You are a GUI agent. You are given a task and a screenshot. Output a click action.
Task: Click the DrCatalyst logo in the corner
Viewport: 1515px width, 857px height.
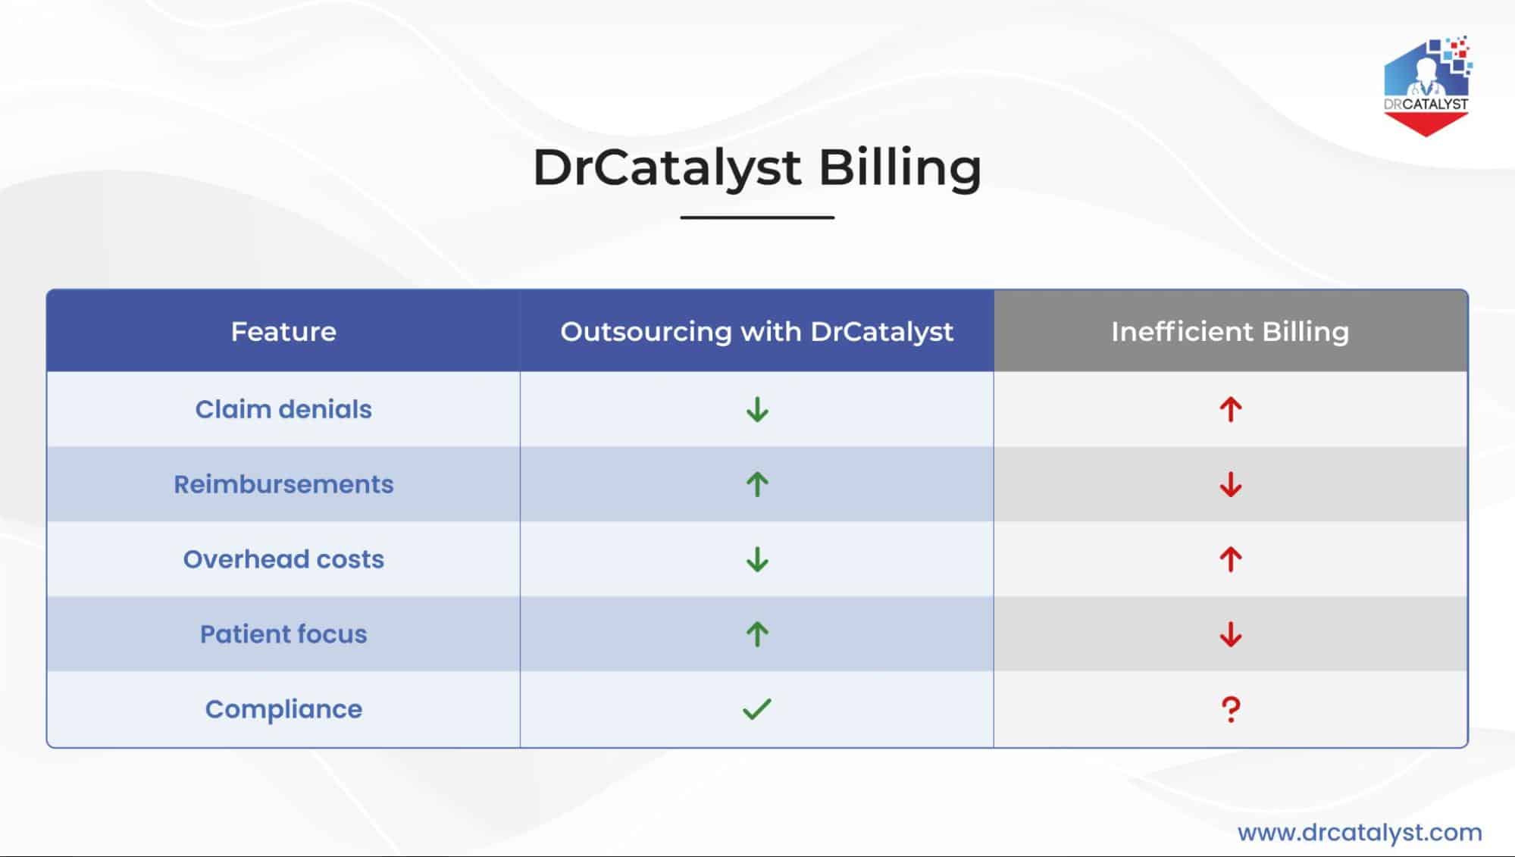[1426, 86]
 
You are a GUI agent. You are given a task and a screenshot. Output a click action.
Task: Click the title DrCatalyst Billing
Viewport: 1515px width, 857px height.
[757, 167]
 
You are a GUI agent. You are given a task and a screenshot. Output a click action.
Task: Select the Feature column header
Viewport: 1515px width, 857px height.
[283, 331]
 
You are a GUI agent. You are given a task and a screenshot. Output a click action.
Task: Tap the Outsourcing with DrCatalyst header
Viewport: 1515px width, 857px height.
[757, 332]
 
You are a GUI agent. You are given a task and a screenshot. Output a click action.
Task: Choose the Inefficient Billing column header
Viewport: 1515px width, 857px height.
[1230, 332]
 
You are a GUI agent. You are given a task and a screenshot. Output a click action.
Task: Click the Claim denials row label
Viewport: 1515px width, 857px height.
[283, 409]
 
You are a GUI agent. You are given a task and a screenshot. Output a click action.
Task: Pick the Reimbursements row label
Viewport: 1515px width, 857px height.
[283, 484]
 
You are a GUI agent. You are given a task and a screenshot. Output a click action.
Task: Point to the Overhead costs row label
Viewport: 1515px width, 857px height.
[283, 559]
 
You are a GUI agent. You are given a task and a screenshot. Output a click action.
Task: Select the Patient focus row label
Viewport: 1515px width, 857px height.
[283, 634]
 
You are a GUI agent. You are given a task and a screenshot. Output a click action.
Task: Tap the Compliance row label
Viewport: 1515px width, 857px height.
[283, 709]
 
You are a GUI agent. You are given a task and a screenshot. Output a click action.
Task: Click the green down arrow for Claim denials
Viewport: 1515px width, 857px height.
[757, 410]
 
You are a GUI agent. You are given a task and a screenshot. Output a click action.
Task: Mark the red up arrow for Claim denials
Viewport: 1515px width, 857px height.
[1231, 410]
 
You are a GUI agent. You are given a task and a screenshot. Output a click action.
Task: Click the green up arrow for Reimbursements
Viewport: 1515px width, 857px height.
[757, 484]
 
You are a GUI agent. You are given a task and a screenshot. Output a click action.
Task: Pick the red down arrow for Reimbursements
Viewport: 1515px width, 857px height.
[1231, 485]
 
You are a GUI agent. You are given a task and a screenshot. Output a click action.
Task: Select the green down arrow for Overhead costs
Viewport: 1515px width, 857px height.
[757, 560]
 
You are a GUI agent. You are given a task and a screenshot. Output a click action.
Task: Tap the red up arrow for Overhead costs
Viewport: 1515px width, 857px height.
[1231, 560]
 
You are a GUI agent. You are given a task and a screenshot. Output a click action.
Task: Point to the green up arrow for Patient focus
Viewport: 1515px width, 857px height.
[757, 634]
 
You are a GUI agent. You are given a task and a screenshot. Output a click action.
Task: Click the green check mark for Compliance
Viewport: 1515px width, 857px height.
[756, 709]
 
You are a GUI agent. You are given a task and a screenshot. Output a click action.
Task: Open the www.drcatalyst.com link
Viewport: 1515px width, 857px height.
[1360, 833]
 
